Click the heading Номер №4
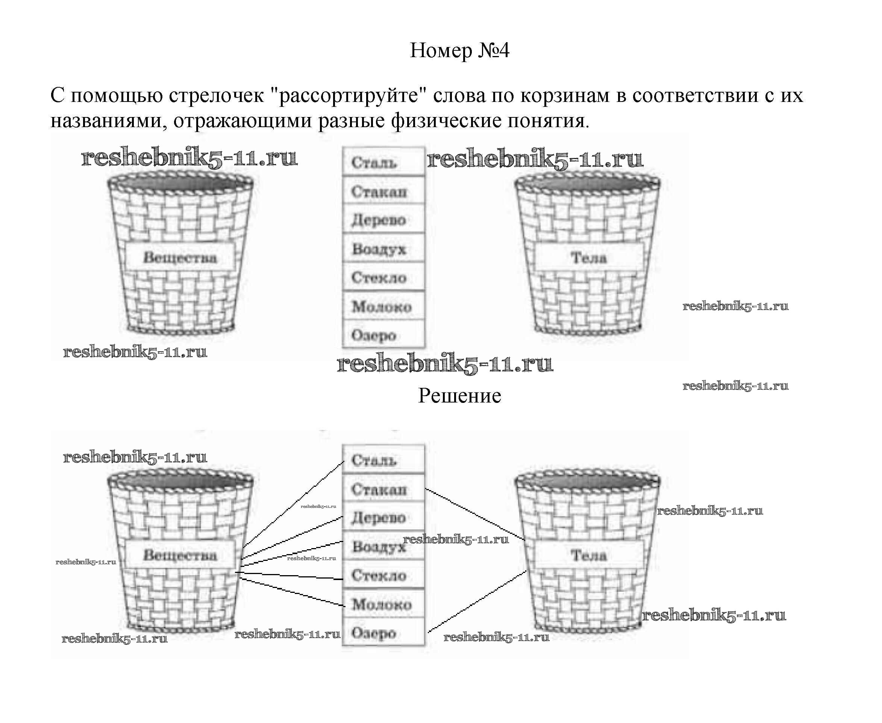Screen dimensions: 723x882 tap(459, 51)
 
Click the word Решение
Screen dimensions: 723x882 tap(459, 396)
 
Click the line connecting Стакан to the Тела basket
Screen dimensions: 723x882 tap(474, 514)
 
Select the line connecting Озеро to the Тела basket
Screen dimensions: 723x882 tap(477, 602)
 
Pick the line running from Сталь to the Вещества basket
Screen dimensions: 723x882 tap(294, 504)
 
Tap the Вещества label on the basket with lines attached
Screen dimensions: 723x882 tap(180, 555)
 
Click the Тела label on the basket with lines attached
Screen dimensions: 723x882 tap(588, 555)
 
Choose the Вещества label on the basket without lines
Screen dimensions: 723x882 tap(180, 257)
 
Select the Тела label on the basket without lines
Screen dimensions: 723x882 tap(588, 257)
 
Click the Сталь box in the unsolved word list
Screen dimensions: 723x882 tap(383, 162)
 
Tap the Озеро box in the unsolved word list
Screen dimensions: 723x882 tap(383, 335)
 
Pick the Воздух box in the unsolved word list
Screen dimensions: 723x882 tap(383, 249)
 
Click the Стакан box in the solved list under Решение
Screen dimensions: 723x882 tap(383, 489)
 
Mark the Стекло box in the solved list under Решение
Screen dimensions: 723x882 tap(383, 575)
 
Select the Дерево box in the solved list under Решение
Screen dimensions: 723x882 tap(383, 518)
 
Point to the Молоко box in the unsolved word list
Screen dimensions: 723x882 tap(383, 307)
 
